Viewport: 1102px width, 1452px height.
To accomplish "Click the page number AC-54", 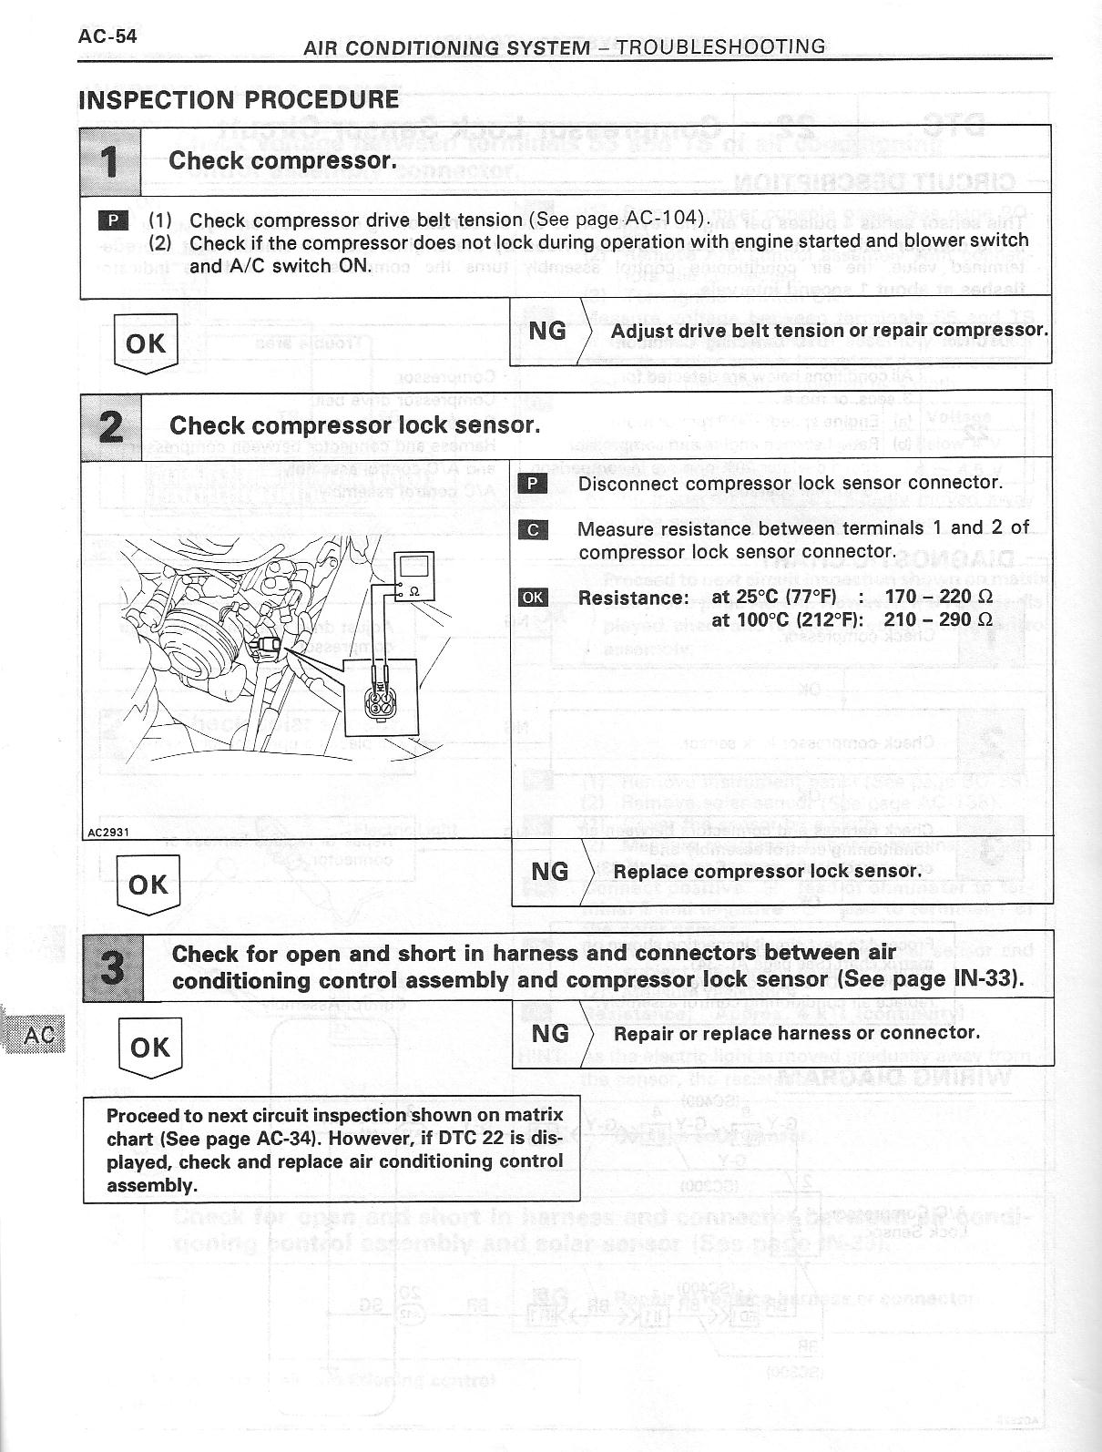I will [x=107, y=36].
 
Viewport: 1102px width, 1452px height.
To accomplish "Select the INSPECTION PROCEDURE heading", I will [x=240, y=99].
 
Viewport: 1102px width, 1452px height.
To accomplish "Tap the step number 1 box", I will [x=110, y=161].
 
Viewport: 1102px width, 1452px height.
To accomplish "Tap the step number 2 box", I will [x=110, y=425].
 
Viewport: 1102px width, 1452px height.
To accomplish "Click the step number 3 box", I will [x=113, y=966].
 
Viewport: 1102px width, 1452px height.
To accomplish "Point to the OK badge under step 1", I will [x=146, y=343].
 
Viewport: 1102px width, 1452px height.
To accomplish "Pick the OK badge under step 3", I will [x=150, y=1047].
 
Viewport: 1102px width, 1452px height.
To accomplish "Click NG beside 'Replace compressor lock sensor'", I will [x=549, y=872].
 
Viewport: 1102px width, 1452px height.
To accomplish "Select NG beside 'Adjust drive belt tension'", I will [x=547, y=331].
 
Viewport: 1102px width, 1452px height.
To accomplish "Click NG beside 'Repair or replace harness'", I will [x=550, y=1034].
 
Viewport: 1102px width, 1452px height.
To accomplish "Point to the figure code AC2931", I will [x=107, y=831].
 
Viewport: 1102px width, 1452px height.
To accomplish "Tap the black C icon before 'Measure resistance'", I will [x=533, y=529].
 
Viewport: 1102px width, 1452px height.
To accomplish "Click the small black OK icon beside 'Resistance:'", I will [x=532, y=598].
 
